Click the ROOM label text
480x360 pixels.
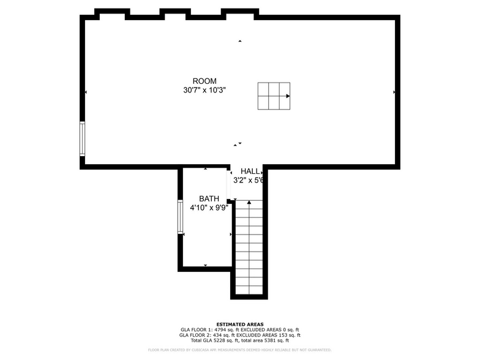pyautogui.click(x=204, y=81)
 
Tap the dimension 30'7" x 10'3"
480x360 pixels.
pyautogui.click(x=204, y=90)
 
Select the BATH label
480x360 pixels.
pyautogui.click(x=209, y=199)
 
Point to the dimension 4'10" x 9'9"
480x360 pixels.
pyautogui.click(x=209, y=208)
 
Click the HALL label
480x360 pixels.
pyautogui.click(x=249, y=171)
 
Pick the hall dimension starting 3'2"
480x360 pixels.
pyautogui.click(x=248, y=181)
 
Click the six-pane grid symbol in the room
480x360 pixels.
pyautogui.click(x=274, y=96)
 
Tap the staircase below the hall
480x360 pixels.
pyautogui.click(x=249, y=248)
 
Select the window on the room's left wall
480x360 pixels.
pyautogui.click(x=82, y=138)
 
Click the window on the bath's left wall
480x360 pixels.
pyautogui.click(x=181, y=216)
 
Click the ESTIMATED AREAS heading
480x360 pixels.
pyautogui.click(x=240, y=324)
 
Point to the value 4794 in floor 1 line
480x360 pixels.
pyautogui.click(x=219, y=330)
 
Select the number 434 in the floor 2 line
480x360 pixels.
pyautogui.click(x=219, y=336)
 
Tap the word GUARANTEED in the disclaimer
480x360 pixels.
pyautogui.click(x=317, y=350)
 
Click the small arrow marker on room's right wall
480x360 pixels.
pyautogui.click(x=394, y=92)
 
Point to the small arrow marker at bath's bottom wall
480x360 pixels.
pyautogui.click(x=205, y=266)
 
